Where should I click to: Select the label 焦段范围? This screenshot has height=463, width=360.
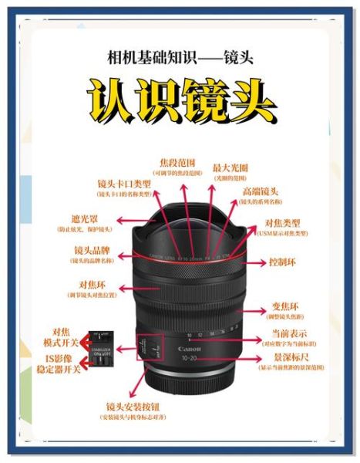(x=177, y=164)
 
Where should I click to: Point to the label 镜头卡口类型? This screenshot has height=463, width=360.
(x=124, y=185)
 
